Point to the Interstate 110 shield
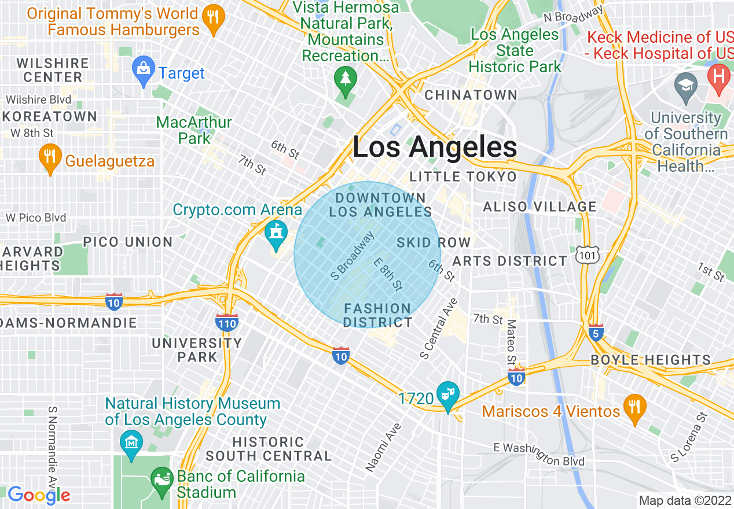(226, 322)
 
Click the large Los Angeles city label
(435, 147)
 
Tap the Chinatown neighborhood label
(471, 95)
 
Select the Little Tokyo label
(463, 176)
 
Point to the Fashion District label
(377, 315)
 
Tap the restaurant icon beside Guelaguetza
(50, 157)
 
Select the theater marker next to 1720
(448, 394)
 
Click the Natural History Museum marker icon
(131, 442)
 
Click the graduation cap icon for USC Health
(686, 85)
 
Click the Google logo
(39, 495)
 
